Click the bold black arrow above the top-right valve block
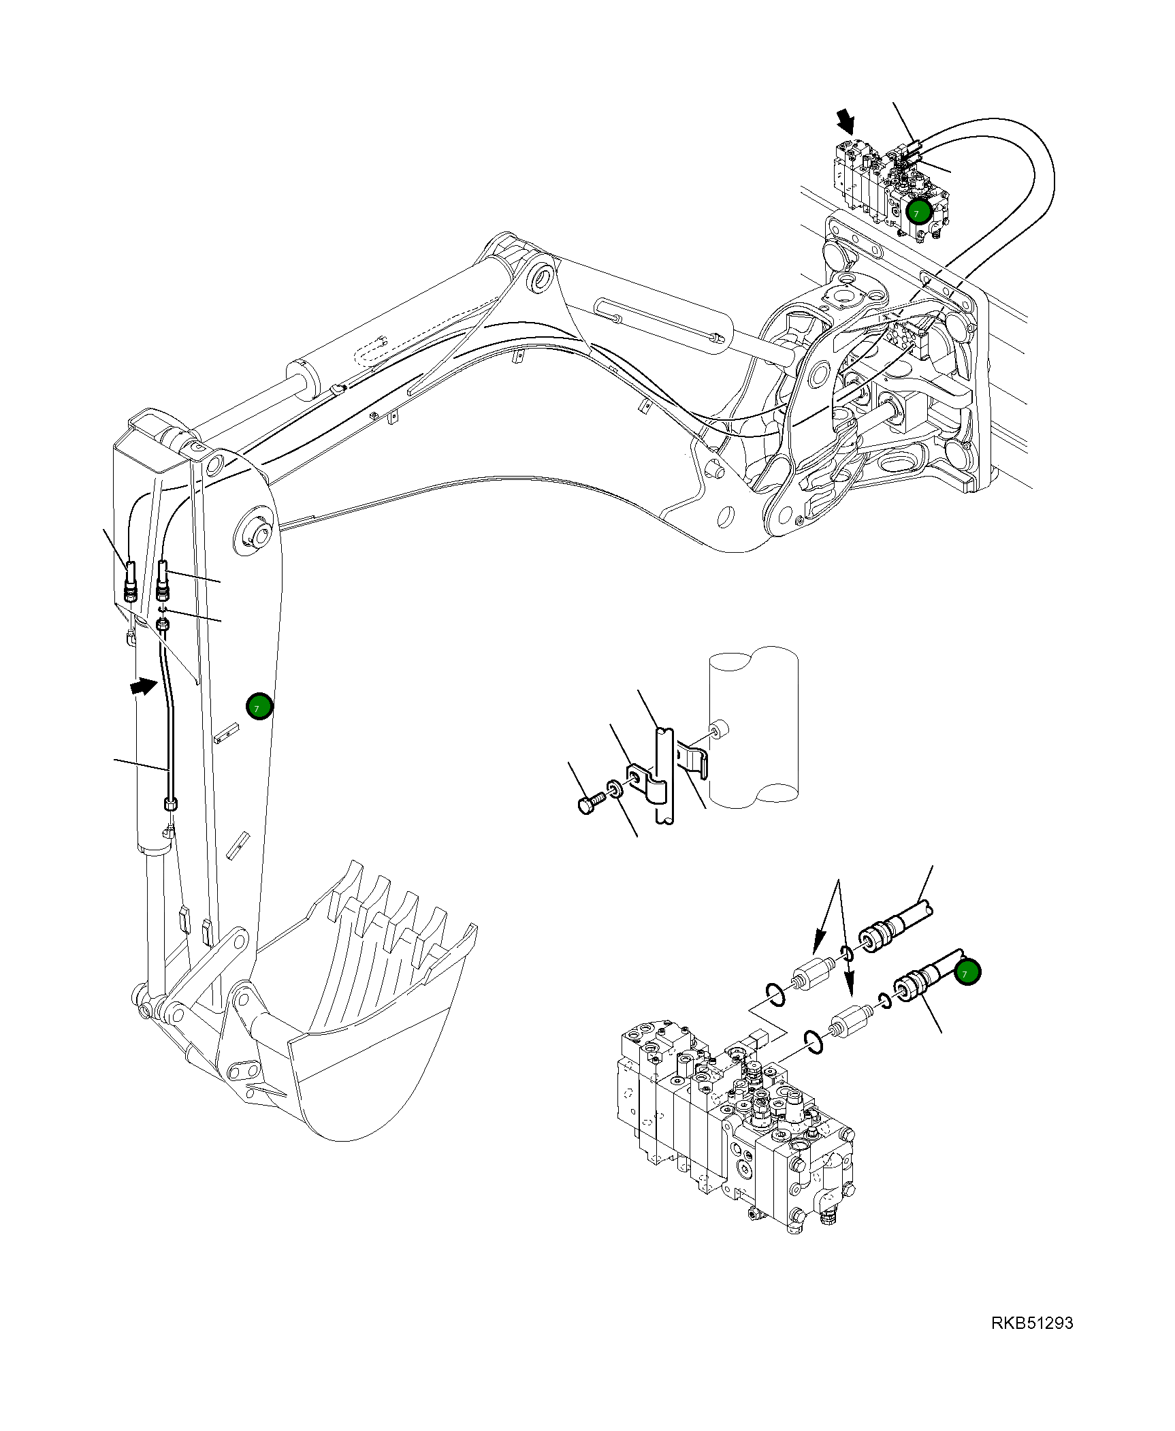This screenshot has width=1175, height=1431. pyautogui.click(x=846, y=123)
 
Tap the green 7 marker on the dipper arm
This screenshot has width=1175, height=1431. pyautogui.click(x=259, y=707)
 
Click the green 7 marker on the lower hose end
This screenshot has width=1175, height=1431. pyautogui.click(x=967, y=973)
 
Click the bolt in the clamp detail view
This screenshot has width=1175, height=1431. pyautogui.click(x=590, y=803)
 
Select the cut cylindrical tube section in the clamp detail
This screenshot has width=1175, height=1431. pyautogui.click(x=753, y=728)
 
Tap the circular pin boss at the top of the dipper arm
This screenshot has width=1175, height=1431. pyautogui.click(x=256, y=530)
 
